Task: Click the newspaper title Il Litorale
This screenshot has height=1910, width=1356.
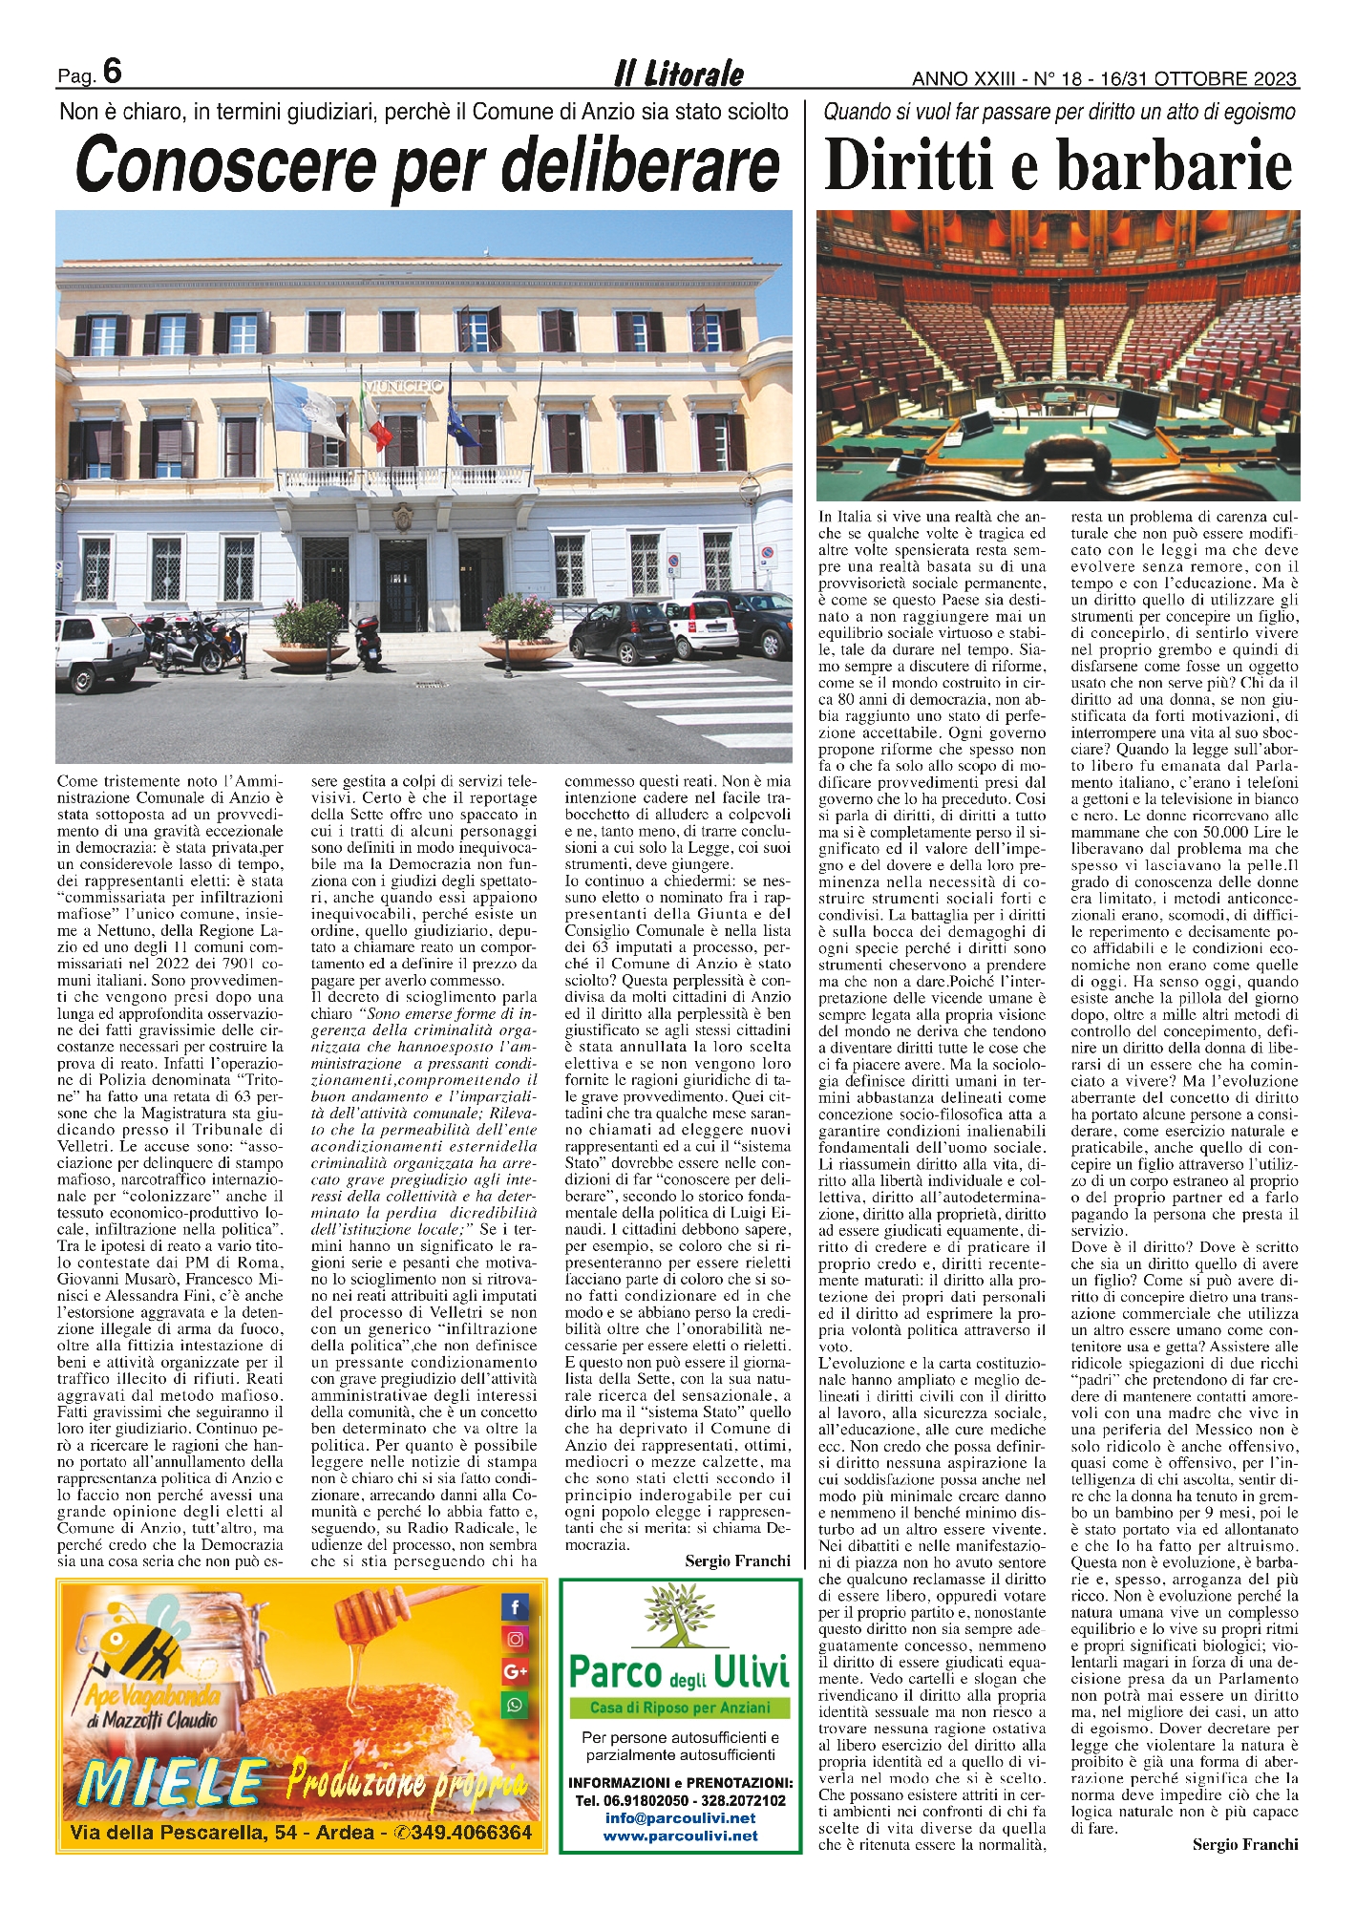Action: tap(678, 74)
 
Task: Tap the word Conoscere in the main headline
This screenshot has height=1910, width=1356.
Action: tap(227, 166)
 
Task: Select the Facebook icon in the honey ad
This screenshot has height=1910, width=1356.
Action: tap(515, 1608)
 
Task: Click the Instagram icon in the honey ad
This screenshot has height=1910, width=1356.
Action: tap(515, 1640)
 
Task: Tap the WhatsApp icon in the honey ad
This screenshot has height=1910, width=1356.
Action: tap(515, 1704)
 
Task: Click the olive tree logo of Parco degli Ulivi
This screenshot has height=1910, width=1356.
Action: tap(679, 1617)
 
